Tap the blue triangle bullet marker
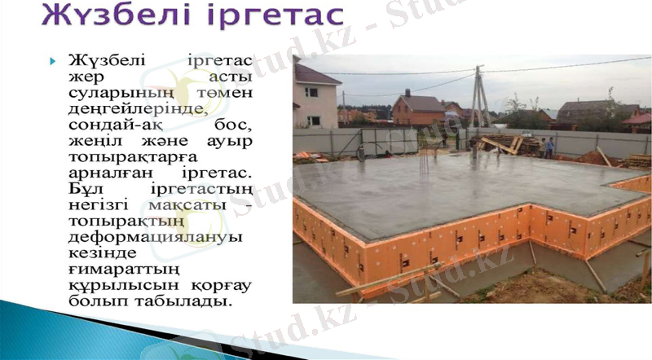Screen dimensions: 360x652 coord(55,61)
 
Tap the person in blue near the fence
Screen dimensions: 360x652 coord(550,147)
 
